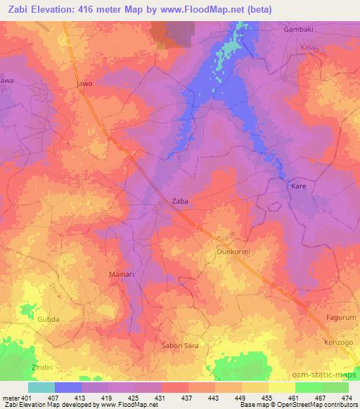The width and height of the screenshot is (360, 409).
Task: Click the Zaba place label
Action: [181, 201]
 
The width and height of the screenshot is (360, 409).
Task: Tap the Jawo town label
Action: [84, 84]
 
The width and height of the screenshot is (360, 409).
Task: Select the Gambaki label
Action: [297, 30]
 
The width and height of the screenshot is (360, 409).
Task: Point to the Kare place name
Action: [298, 188]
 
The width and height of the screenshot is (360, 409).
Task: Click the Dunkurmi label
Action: [233, 251]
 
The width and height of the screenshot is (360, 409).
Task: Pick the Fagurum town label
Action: [342, 318]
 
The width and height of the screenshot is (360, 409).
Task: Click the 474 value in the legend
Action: [348, 398]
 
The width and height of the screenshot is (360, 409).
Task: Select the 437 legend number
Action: [188, 398]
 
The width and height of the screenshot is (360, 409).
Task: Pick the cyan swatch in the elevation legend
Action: [41, 387]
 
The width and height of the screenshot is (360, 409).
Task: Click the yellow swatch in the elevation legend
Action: [282, 387]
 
